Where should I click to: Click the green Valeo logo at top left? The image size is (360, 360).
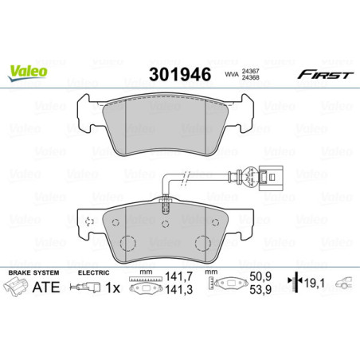pos(28,72)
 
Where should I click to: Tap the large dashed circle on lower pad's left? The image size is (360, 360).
pos(126,245)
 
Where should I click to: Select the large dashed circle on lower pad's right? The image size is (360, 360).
pos(200,245)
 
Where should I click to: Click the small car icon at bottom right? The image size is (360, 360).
pos(343,283)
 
